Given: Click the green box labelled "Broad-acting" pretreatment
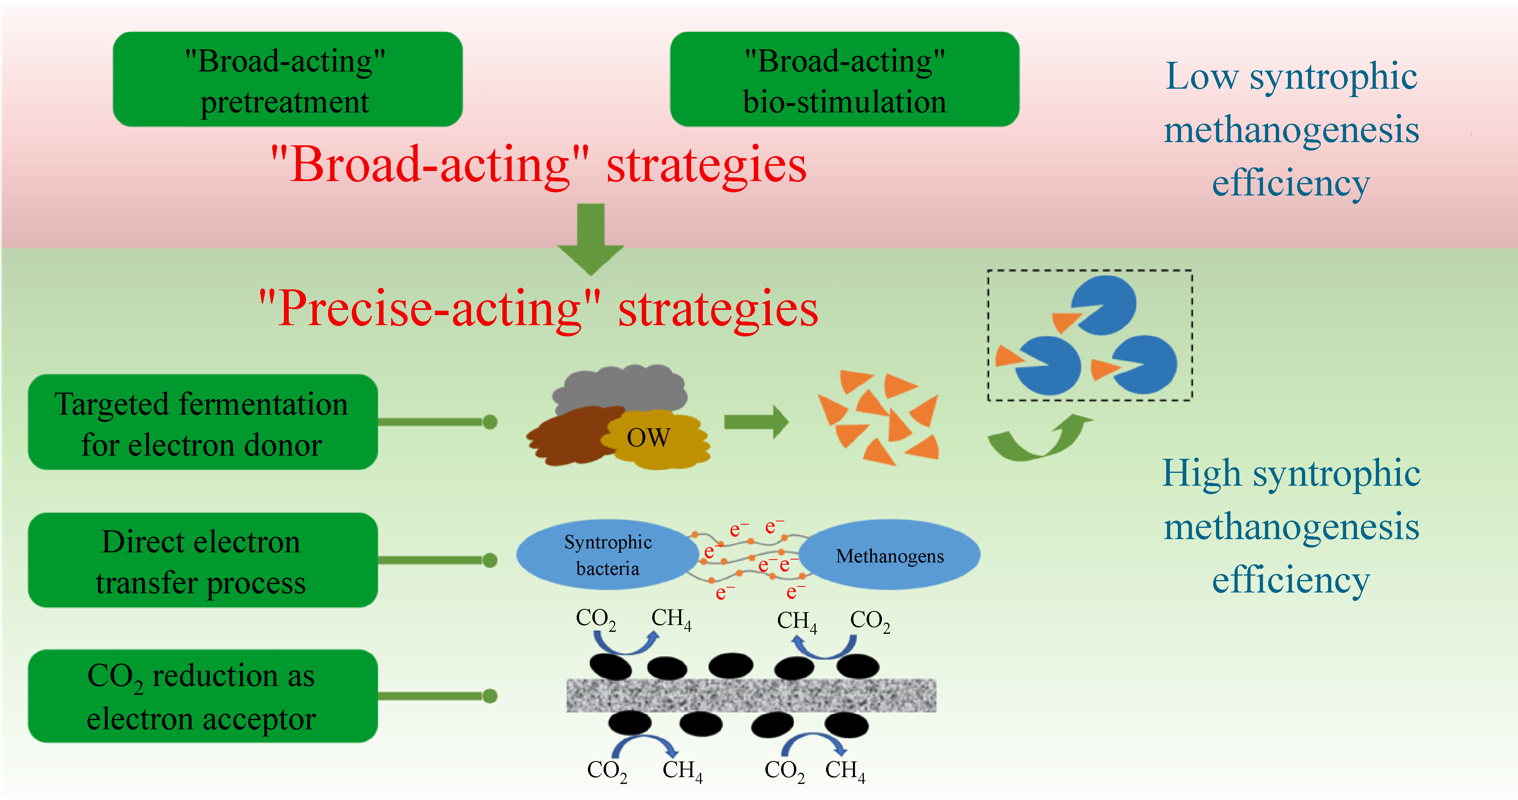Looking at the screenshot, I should [288, 79].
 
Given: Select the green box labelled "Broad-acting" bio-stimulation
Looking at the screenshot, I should [845, 79].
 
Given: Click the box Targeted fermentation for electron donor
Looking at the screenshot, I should [202, 422].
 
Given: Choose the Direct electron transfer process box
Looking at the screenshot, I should [202, 560].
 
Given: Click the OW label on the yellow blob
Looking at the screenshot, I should [648, 438].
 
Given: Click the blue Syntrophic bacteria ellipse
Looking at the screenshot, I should [607, 555].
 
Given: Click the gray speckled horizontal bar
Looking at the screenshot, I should [751, 695].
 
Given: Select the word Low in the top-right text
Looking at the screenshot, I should [1202, 77].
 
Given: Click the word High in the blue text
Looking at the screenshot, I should [1202, 473].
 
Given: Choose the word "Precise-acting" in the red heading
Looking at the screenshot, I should [430, 309].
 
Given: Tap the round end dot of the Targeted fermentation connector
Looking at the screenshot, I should [490, 422].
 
